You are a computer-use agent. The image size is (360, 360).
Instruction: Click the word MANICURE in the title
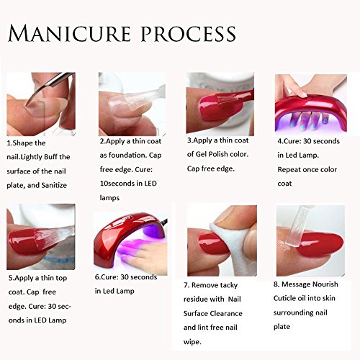[70, 33]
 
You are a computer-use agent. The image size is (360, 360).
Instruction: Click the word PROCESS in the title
[189, 33]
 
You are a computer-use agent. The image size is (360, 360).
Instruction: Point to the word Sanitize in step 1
[54, 185]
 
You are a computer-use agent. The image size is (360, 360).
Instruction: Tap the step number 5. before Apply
[12, 278]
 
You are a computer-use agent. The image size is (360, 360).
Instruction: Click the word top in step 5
[61, 279]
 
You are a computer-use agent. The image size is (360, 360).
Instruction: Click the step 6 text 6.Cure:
[107, 277]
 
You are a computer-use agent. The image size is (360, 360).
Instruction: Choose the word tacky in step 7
[229, 285]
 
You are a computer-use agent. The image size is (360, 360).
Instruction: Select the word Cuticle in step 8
[284, 298]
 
